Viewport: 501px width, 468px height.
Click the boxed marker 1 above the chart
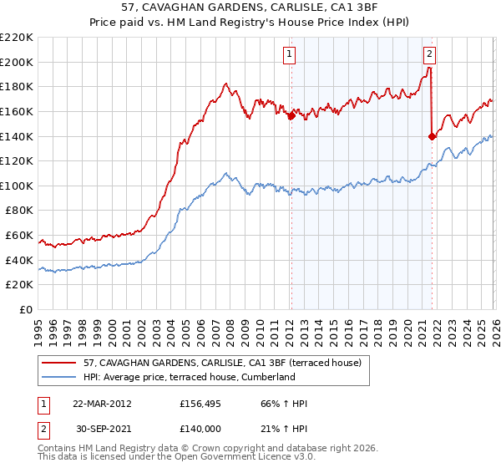[290, 54]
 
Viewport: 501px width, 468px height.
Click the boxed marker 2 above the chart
[429, 54]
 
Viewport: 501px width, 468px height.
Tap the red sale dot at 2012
[291, 116]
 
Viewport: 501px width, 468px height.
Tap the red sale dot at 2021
[432, 136]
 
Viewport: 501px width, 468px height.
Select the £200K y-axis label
[18, 62]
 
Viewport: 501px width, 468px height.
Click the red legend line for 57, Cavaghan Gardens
[60, 363]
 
